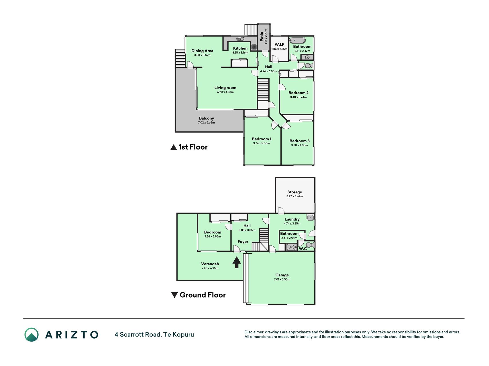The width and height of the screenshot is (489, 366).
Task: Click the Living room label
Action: (x=225, y=88)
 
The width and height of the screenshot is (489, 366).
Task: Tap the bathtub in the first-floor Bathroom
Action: (x=298, y=40)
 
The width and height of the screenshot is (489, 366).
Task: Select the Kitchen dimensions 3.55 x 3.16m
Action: (x=240, y=53)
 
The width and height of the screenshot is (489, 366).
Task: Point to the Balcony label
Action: (x=207, y=118)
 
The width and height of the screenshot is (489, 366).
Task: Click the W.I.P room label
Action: (x=280, y=45)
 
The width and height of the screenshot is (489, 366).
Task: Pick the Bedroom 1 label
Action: (x=262, y=139)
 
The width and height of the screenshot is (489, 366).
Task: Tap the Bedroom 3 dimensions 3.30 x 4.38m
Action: (x=300, y=145)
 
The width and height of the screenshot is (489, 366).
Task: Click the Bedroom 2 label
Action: (x=298, y=93)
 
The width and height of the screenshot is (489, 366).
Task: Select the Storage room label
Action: (x=295, y=192)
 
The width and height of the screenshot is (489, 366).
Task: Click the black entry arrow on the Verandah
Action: (x=236, y=262)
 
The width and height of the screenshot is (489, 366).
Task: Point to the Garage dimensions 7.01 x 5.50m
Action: (x=282, y=279)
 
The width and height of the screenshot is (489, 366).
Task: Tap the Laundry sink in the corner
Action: (x=310, y=218)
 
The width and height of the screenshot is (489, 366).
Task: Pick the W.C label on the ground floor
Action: (x=303, y=249)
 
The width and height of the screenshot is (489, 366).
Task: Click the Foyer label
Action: (x=243, y=242)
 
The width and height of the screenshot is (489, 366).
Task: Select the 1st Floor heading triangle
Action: (x=174, y=147)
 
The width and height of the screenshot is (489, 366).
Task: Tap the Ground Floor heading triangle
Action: (x=174, y=295)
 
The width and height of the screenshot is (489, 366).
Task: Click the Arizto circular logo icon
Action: (x=32, y=335)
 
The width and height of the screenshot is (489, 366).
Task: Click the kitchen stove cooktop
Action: (x=254, y=47)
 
